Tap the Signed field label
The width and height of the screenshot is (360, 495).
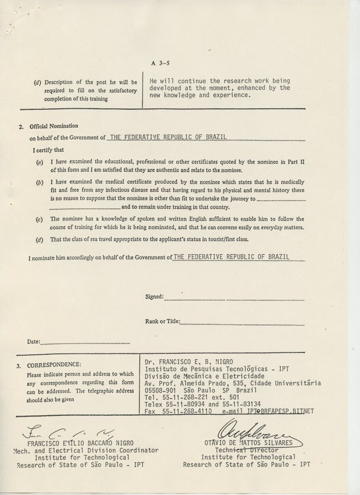coord(154,296)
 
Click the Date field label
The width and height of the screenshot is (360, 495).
coord(33,341)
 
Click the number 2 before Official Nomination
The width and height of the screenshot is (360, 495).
coord(21,127)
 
